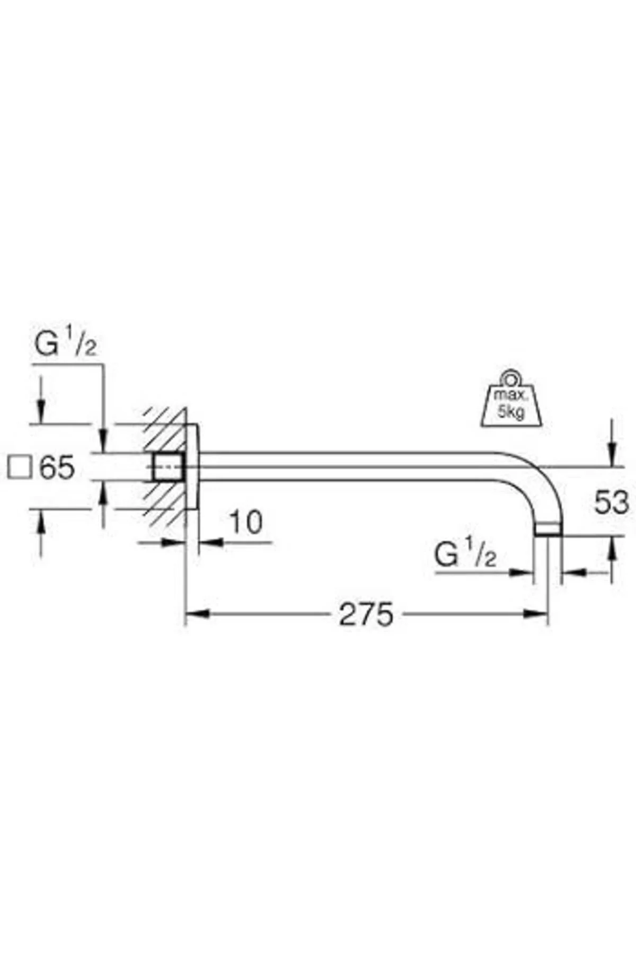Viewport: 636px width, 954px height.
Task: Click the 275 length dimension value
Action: [366, 614]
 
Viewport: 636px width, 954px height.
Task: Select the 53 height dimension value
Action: [611, 502]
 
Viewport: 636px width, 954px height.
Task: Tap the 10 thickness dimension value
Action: [245, 522]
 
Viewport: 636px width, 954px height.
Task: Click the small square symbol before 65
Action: [20, 468]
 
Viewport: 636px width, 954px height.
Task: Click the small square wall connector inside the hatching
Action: [169, 467]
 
